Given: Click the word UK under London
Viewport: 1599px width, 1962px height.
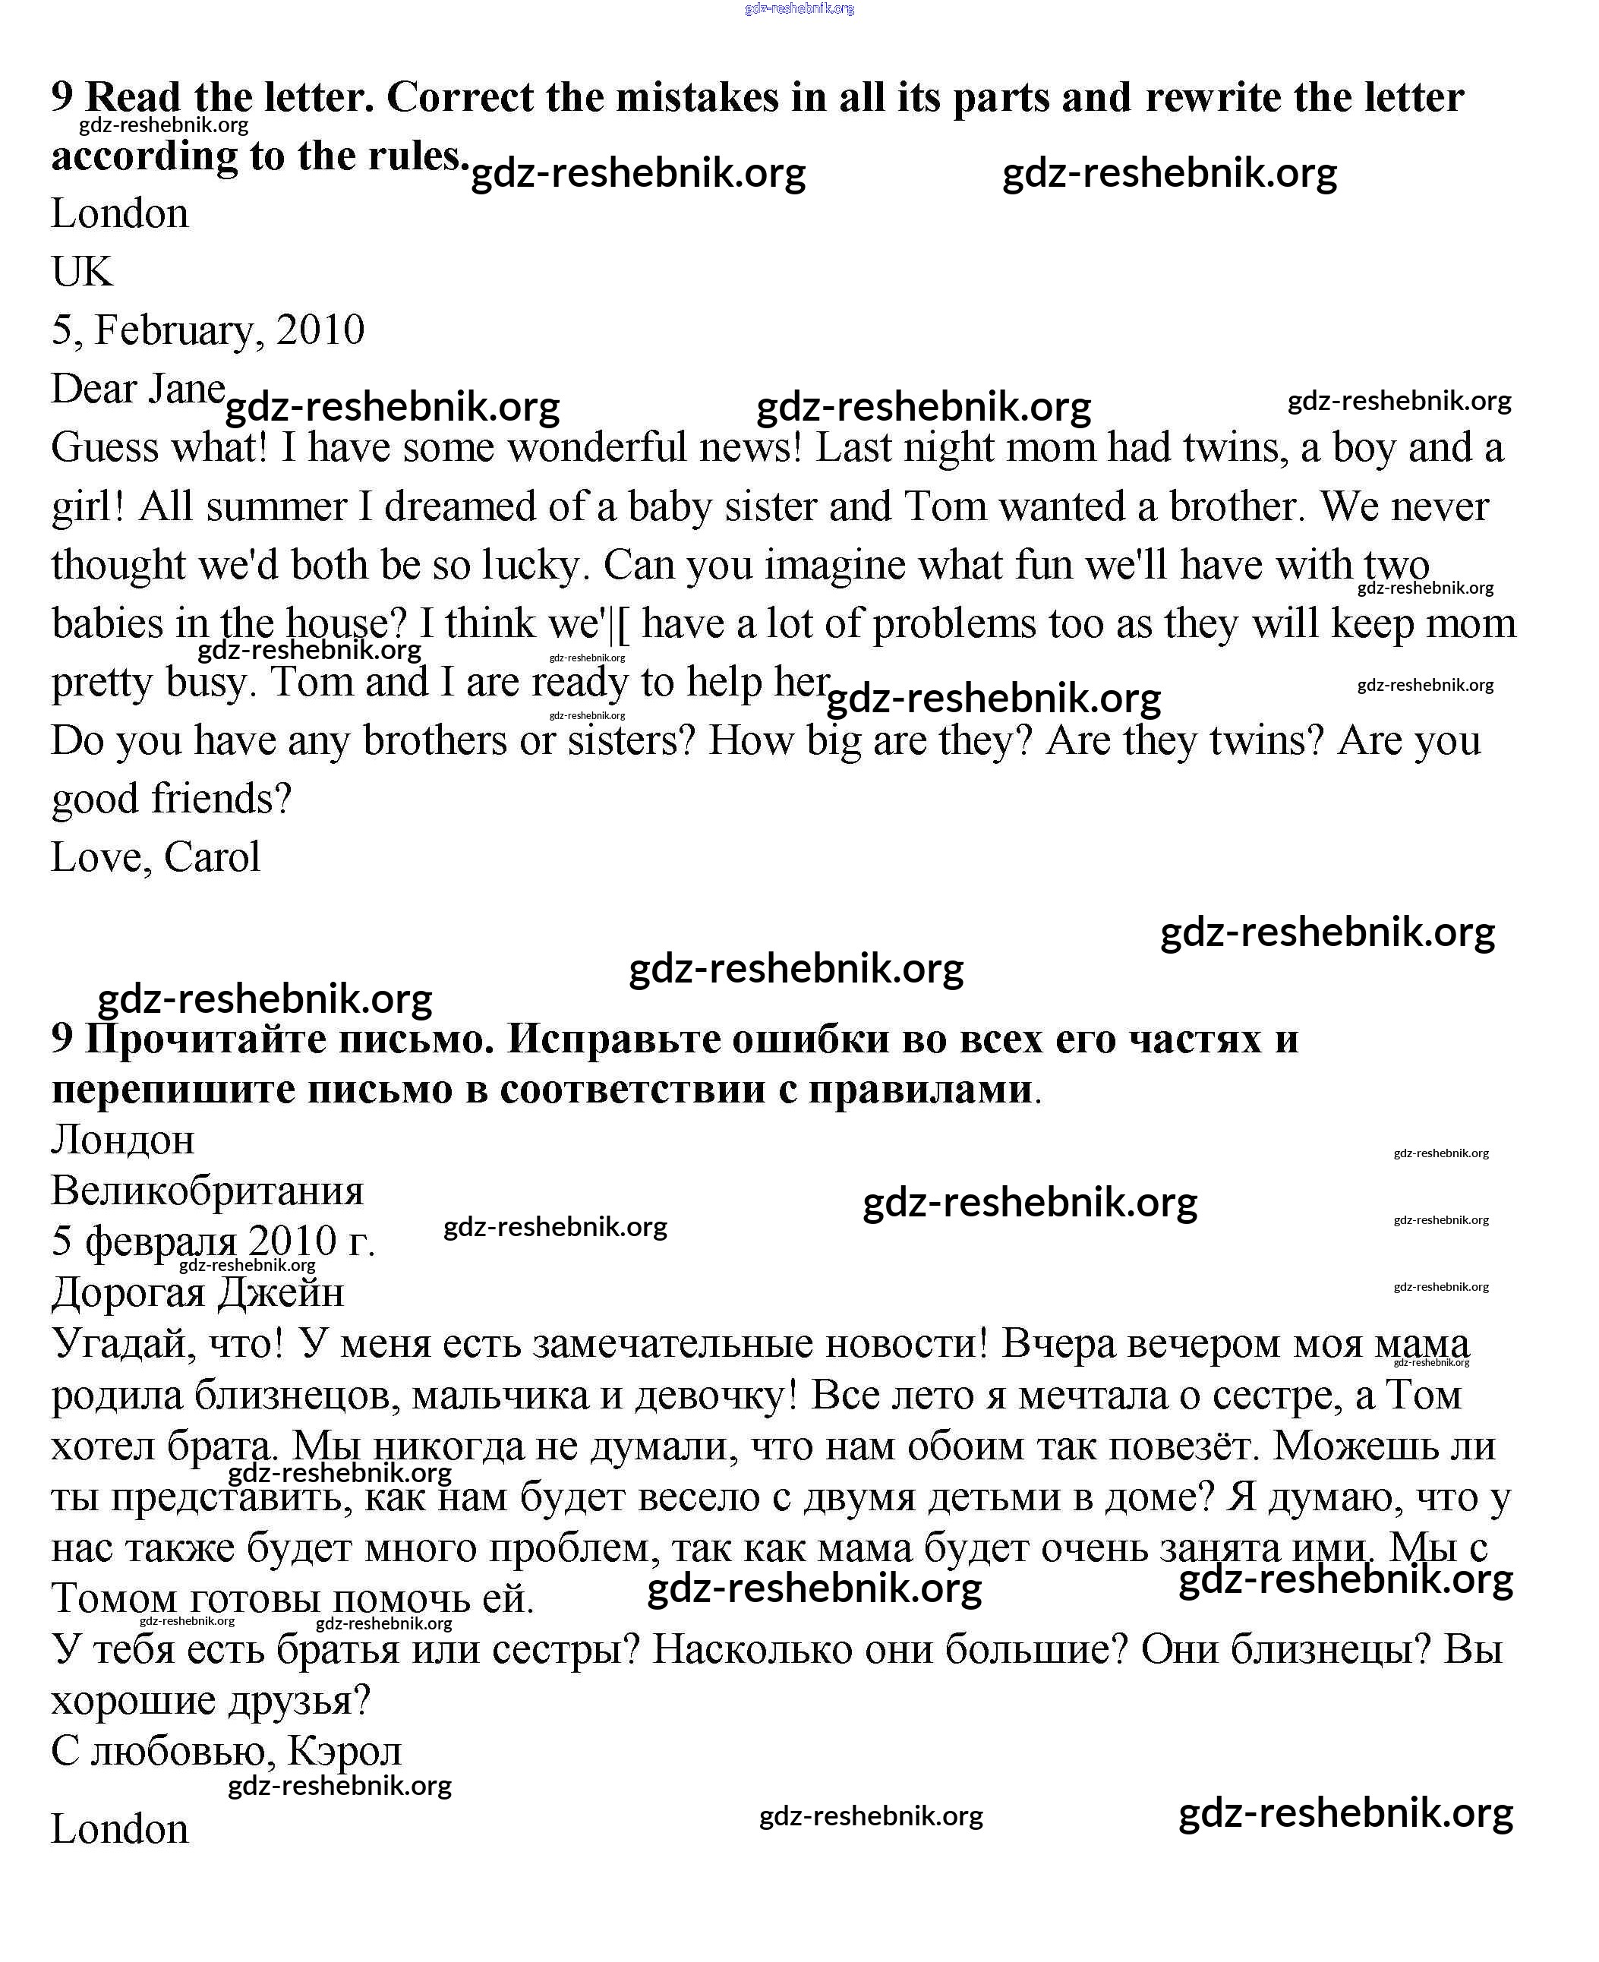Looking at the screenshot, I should pyautogui.click(x=82, y=272).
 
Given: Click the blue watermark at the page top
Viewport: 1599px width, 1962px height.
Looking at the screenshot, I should pyautogui.click(x=799, y=8).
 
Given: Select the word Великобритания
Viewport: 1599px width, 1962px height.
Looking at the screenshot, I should pyautogui.click(x=207, y=1191).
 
